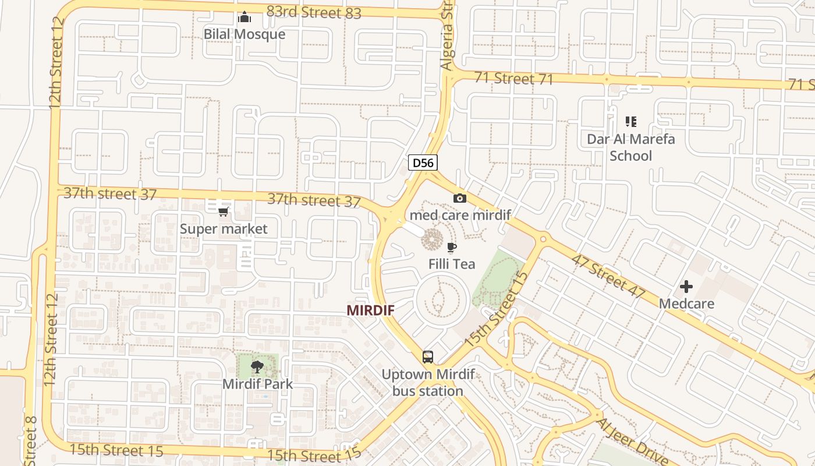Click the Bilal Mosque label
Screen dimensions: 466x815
coord(245,34)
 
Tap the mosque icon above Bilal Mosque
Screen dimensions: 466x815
coord(245,17)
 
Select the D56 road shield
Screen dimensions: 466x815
coord(423,163)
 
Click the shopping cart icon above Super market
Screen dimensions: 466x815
coord(224,211)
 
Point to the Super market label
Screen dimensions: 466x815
coord(224,229)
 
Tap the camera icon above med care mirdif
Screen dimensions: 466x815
coord(460,198)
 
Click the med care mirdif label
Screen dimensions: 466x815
coord(460,215)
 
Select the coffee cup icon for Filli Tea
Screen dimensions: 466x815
coord(452,247)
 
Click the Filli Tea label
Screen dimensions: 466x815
coord(452,264)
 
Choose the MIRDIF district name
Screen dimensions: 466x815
coord(370,310)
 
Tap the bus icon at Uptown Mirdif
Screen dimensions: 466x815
coord(428,356)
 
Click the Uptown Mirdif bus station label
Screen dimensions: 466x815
coord(428,382)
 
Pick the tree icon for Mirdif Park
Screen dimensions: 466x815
coord(257,367)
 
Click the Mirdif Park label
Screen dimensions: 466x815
coord(257,384)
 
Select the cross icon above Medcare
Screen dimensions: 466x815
coord(686,287)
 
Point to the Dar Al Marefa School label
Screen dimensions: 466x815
coord(631,147)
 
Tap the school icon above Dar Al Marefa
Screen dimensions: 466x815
coord(631,122)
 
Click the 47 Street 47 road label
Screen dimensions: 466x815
coord(608,276)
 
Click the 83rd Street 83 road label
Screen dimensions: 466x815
coord(314,12)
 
